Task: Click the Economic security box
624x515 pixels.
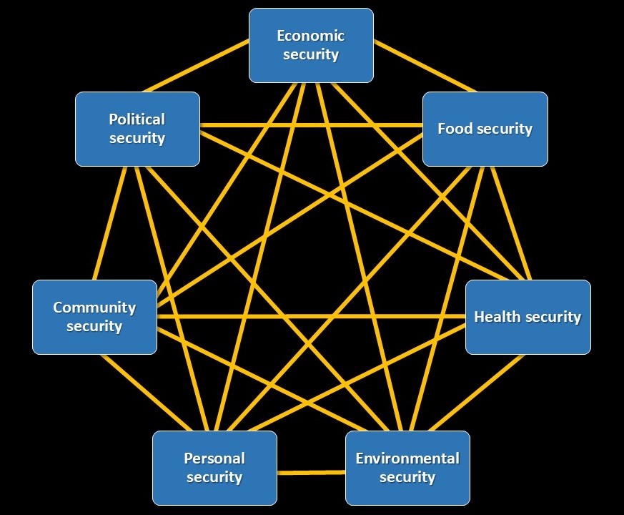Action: click(x=311, y=45)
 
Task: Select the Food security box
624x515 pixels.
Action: click(x=485, y=129)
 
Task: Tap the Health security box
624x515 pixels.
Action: click(x=528, y=317)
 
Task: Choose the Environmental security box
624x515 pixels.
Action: click(x=407, y=468)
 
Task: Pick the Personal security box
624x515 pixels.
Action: click(x=214, y=468)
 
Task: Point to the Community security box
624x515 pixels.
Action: click(x=94, y=317)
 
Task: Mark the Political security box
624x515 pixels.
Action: click(x=137, y=129)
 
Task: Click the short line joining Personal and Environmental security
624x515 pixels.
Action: click(x=311, y=472)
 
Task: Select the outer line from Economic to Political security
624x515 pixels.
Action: click(x=197, y=66)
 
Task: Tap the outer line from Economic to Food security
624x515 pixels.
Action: click(x=425, y=66)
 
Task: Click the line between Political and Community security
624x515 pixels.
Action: click(x=110, y=223)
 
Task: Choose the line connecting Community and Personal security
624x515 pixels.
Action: click(x=127, y=392)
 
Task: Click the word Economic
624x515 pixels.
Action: click(x=311, y=36)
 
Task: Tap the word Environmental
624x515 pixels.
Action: click(x=407, y=458)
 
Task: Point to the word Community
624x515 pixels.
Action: click(x=94, y=308)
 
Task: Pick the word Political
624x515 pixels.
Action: click(x=137, y=119)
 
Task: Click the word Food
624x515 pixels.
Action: click(x=455, y=129)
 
